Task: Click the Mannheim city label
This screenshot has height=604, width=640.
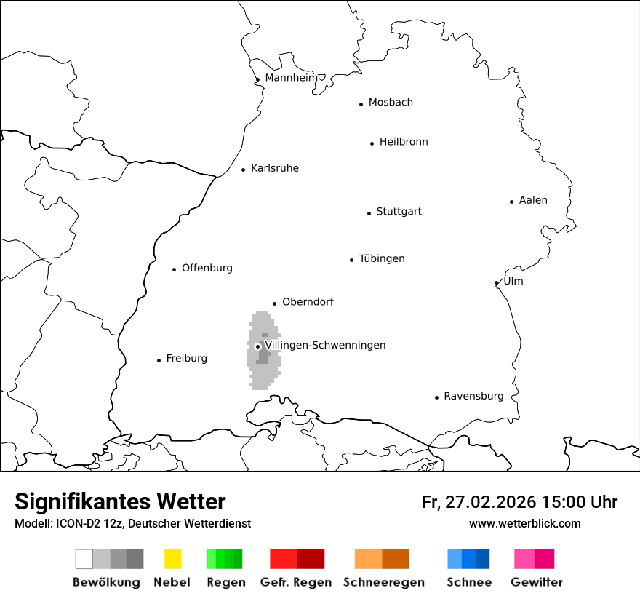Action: tap(291, 78)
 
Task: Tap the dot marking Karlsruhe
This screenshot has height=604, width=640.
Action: tap(244, 170)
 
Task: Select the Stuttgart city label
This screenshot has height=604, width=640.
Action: tap(399, 212)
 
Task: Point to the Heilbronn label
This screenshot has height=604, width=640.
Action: tap(404, 142)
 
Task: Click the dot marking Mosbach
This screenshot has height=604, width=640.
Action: tap(361, 104)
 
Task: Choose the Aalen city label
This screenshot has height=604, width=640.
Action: tap(533, 200)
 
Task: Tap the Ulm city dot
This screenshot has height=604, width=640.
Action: tap(496, 283)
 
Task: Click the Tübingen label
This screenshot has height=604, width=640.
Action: tap(382, 259)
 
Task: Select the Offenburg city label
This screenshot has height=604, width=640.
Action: tap(207, 268)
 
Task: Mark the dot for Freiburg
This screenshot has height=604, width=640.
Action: tap(159, 360)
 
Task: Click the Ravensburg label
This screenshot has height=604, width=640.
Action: tap(473, 397)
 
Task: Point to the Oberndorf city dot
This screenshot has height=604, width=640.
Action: tap(275, 303)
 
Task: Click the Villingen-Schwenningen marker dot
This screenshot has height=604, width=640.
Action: tap(257, 346)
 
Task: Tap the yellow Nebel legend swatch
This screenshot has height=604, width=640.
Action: tap(172, 559)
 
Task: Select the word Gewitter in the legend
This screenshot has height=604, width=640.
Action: tap(537, 582)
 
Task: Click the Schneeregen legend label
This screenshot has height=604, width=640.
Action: tap(384, 582)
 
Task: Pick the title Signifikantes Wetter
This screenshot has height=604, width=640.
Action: tap(120, 501)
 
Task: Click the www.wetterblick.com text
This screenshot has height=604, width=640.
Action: tap(524, 523)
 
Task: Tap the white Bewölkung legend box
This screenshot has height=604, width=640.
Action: tap(84, 559)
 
